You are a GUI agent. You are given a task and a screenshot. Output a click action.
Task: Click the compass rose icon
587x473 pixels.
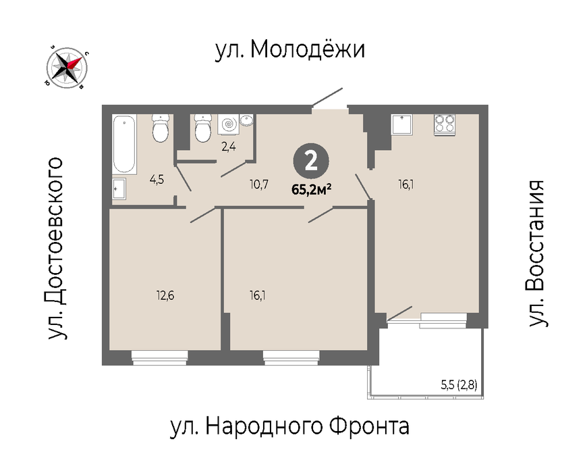[67, 68]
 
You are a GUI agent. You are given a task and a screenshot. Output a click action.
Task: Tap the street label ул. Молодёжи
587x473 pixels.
[290, 49]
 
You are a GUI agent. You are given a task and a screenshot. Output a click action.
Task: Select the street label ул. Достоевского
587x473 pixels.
[55, 249]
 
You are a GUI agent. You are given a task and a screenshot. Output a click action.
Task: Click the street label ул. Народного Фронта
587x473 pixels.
[289, 426]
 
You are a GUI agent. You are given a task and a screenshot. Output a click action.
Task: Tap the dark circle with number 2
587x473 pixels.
[311, 161]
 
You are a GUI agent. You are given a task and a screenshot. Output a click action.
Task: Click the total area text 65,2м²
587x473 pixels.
[312, 190]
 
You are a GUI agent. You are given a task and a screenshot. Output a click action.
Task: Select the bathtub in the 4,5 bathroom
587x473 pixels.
[124, 144]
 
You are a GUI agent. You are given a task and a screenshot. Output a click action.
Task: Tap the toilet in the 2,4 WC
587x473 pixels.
[203, 128]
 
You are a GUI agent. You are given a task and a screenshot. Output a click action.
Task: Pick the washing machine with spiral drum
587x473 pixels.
[228, 124]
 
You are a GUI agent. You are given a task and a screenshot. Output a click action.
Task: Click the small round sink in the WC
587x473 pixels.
[246, 120]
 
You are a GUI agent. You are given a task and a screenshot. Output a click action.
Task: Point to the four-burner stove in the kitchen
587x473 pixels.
[445, 125]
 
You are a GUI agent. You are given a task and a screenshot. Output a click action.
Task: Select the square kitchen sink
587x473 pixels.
[402, 125]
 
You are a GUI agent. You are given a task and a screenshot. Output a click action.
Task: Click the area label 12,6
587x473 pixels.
[165, 296]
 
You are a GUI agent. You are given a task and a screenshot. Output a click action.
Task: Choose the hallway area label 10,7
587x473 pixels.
[259, 184]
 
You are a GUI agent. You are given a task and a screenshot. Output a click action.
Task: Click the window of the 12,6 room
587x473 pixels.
[160, 357]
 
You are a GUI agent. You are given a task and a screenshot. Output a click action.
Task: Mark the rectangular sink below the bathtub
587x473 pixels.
[119, 189]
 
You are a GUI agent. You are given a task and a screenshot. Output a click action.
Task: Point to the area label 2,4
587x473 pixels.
[228, 147]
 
